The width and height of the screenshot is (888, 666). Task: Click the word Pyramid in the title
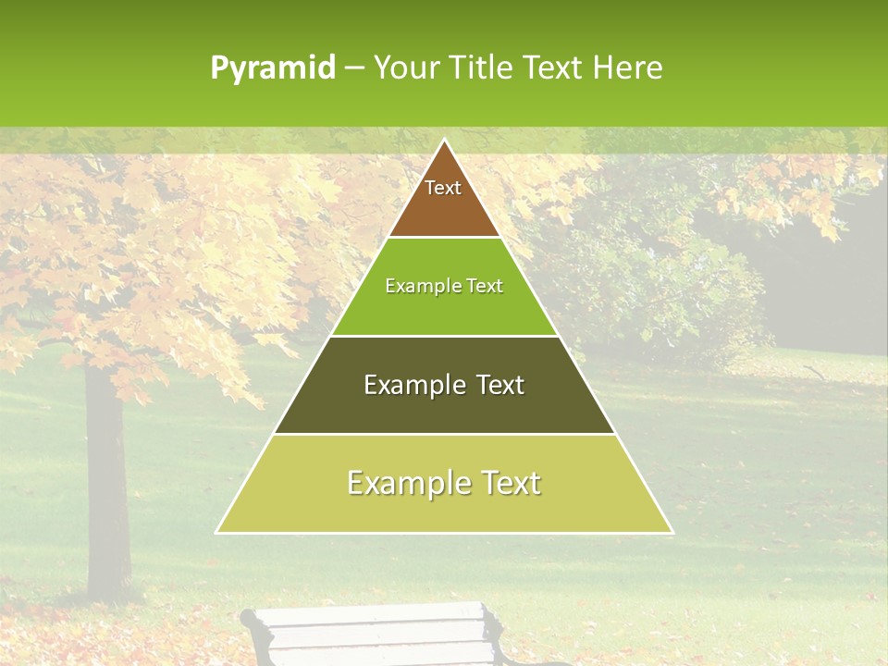tap(273, 68)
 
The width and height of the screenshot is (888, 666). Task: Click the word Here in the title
tap(628, 68)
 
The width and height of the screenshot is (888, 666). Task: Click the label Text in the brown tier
tap(443, 188)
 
